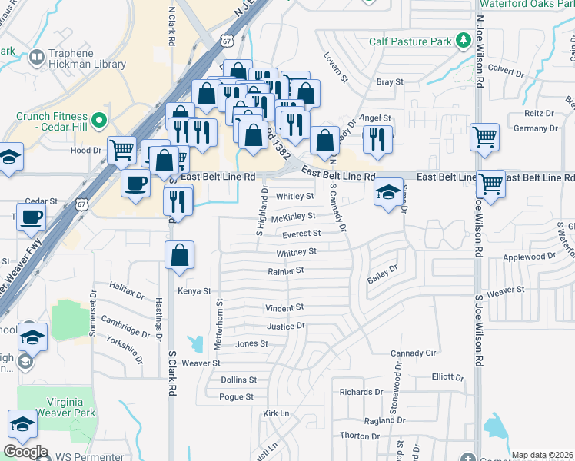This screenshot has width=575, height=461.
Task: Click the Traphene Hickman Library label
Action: point(88,58)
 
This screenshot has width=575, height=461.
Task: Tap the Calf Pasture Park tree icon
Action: point(464,40)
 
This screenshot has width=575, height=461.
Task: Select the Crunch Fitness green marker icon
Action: point(99,121)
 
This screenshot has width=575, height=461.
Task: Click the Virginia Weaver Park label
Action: point(55,406)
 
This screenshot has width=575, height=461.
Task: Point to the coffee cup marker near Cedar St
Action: point(31,217)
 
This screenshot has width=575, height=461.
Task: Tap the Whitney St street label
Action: point(297,252)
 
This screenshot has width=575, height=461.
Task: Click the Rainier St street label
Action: point(286,270)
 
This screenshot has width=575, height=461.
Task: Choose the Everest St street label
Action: point(301,234)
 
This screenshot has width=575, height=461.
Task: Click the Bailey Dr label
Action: point(383,273)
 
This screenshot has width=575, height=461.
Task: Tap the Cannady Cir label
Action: point(413,353)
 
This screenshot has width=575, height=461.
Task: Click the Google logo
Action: point(26,452)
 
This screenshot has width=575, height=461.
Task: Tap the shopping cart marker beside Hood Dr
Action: point(122,151)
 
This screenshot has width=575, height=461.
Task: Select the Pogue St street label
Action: point(236,397)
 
